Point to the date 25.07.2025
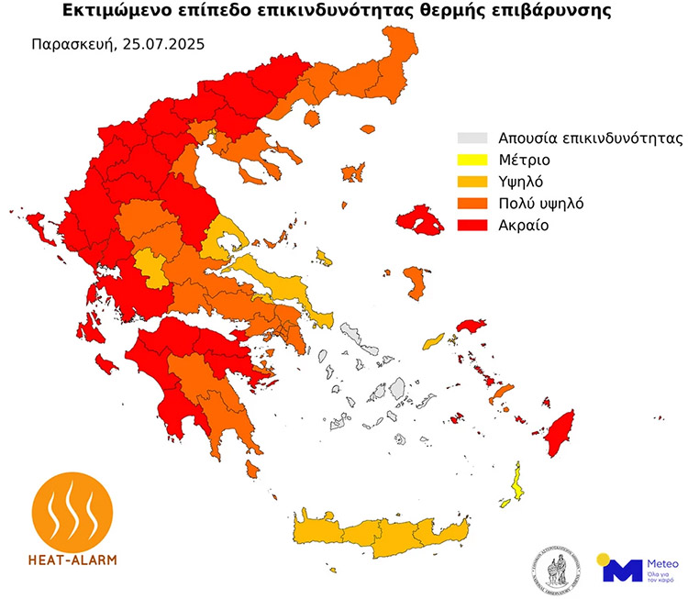(161, 43)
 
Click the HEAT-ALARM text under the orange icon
(73, 558)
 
